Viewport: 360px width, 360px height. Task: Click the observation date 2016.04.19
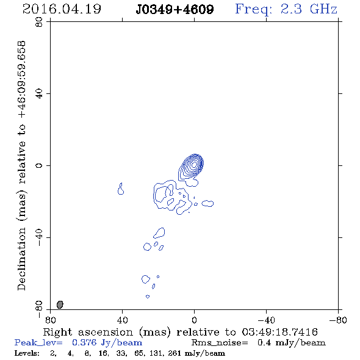pyautogui.click(x=62, y=9)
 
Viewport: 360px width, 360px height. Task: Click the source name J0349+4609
pyautogui.click(x=175, y=10)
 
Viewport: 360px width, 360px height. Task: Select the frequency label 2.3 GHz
pyautogui.click(x=309, y=9)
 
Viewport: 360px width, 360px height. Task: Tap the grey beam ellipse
pyautogui.click(x=60, y=304)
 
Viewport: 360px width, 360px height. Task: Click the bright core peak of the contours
pyautogui.click(x=194, y=164)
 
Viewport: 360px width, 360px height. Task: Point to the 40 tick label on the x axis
pyautogui.click(x=122, y=320)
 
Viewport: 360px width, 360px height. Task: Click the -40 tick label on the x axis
pyautogui.click(x=266, y=320)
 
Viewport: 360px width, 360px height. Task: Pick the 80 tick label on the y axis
pyautogui.click(x=39, y=22)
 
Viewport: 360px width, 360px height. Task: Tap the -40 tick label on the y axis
pyautogui.click(x=39, y=237)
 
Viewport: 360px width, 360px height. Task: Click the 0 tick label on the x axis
pyautogui.click(x=194, y=320)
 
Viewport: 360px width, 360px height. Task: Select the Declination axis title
pyautogui.click(x=21, y=166)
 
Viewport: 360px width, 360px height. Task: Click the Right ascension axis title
pyautogui.click(x=181, y=332)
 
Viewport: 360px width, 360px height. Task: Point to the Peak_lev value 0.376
pyautogui.click(x=84, y=342)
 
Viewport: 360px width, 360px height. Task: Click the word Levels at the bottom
pyautogui.click(x=27, y=353)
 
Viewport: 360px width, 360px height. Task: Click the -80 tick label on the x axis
pyautogui.click(x=338, y=320)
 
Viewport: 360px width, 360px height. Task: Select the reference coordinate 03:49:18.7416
pyautogui.click(x=280, y=332)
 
